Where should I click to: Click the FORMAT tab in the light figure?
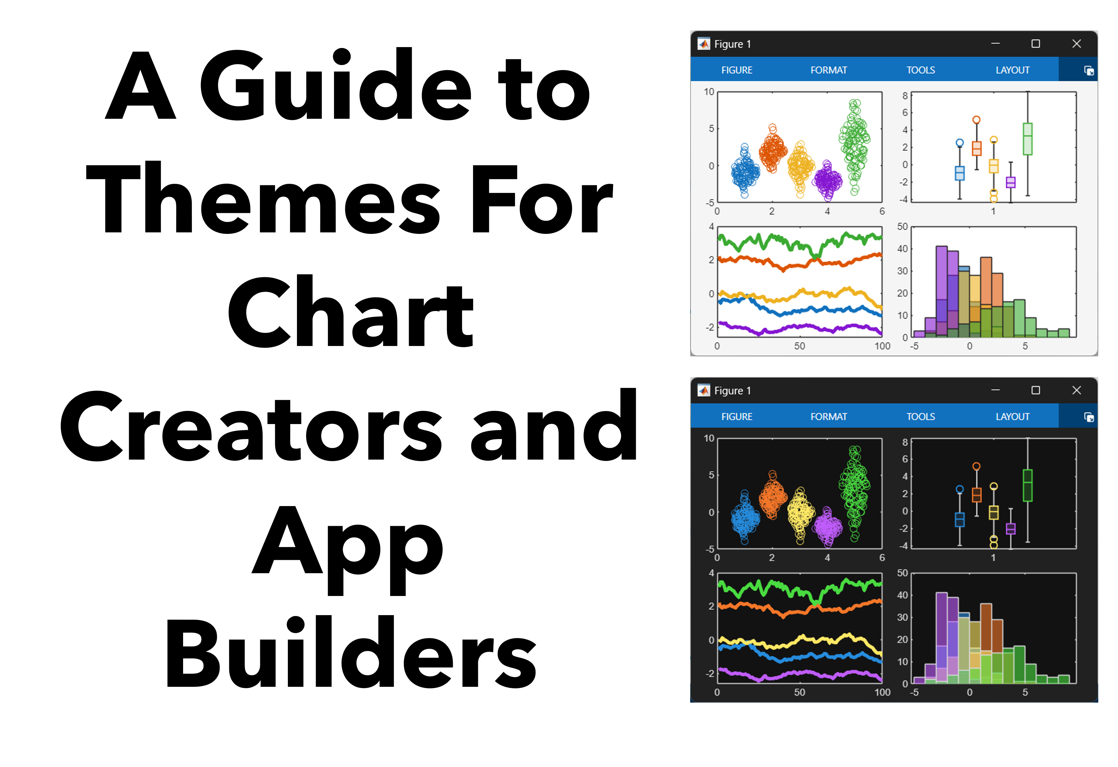point(828,70)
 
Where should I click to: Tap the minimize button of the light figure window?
point(995,44)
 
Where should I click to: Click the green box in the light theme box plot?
point(1028,139)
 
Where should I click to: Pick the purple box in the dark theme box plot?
point(1011,529)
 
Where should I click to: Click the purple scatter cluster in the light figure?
point(827,180)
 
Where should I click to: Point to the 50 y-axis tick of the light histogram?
point(902,227)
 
